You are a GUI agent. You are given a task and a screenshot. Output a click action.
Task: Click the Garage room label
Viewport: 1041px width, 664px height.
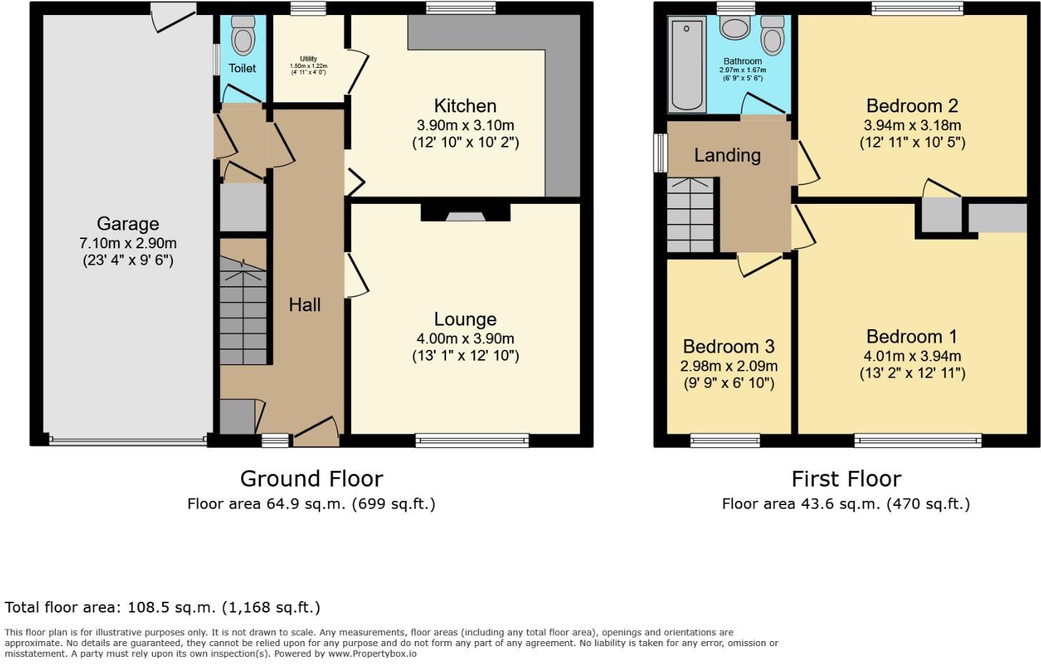pos(128,224)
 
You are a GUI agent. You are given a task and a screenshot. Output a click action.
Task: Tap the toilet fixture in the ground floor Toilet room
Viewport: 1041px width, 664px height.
pos(243,36)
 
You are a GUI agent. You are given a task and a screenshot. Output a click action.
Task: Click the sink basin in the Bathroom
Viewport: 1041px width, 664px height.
pos(735,29)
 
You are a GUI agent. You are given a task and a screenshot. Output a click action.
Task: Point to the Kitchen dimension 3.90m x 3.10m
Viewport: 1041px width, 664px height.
pos(465,125)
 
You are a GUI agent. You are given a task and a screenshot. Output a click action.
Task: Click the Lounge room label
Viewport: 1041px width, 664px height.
pos(465,319)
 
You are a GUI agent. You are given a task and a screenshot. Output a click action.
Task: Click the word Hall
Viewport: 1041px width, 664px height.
pos(305,305)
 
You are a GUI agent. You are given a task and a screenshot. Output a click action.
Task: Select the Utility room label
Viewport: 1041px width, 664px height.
pos(308,59)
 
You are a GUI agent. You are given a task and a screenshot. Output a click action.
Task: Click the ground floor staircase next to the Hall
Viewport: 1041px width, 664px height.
pos(243,315)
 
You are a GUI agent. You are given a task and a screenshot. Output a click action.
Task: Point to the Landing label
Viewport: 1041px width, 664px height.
pos(727,155)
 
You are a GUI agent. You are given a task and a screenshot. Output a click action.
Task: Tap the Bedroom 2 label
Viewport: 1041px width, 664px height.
pos(912,106)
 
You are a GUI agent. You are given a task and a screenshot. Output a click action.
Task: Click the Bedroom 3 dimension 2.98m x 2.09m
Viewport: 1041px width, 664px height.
pos(729,366)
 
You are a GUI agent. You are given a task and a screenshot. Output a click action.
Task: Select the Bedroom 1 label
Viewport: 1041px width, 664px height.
pos(912,336)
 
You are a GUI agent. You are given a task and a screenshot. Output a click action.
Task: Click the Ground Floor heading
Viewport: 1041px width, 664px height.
pos(312,478)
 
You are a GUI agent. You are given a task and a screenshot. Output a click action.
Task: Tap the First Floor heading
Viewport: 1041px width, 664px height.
pos(846,478)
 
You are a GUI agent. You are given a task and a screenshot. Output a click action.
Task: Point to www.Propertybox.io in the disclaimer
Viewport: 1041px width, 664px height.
pos(372,653)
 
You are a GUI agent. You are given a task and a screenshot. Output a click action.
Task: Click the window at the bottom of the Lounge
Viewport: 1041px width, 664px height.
pos(472,440)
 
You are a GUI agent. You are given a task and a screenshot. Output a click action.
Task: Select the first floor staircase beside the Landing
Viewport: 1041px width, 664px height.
pos(691,214)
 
